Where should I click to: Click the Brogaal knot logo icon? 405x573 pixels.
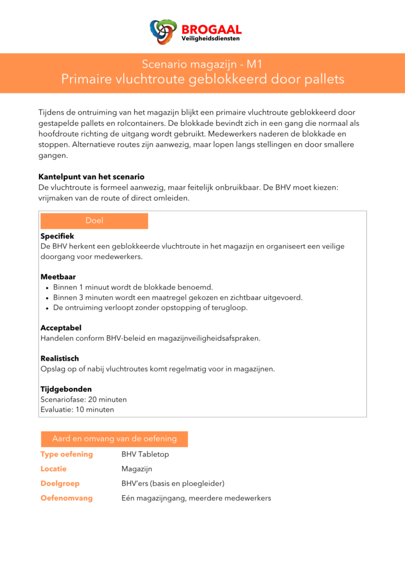(163, 31)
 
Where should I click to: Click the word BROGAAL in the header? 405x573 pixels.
(211, 29)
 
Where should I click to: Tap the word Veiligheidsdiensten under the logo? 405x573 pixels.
(211, 39)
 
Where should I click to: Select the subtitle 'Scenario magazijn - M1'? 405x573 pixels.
(202, 64)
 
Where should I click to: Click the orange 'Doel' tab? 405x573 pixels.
(94, 221)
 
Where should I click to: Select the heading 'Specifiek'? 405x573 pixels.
(57, 237)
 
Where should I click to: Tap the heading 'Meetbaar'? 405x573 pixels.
(58, 277)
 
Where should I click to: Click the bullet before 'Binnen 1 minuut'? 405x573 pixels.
(46, 288)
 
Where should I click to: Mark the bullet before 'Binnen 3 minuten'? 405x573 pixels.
(46, 298)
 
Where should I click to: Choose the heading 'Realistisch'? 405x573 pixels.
(60, 359)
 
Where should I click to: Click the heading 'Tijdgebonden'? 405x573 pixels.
(66, 389)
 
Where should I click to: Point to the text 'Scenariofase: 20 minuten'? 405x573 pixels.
(84, 400)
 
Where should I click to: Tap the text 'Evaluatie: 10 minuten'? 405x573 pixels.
(77, 410)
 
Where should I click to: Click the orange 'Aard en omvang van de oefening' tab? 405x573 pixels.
(114, 439)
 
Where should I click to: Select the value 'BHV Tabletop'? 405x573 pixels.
(145, 454)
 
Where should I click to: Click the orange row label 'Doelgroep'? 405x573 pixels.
(60, 483)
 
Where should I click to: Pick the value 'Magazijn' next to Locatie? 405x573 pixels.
(136, 469)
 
